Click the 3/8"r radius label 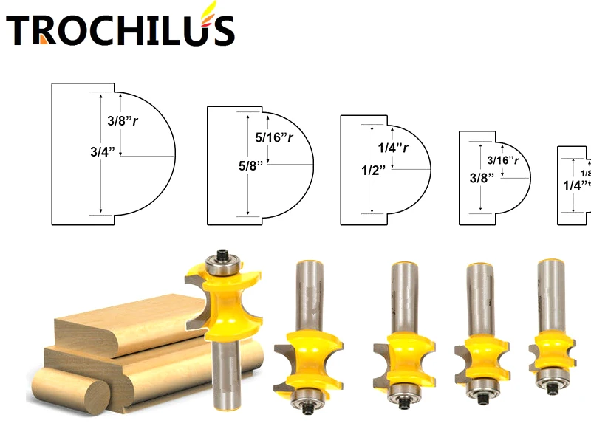118,119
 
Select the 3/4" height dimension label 103,153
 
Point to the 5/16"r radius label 273,137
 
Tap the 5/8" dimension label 250,166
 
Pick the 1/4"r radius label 393,148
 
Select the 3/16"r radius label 502,160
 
